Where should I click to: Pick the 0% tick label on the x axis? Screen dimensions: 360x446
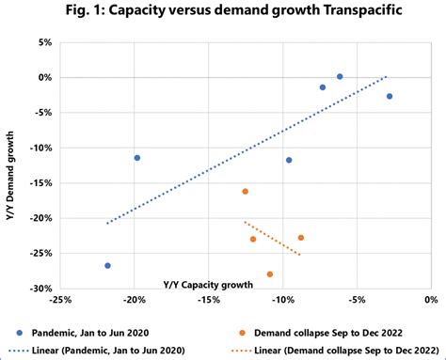tap(430, 301)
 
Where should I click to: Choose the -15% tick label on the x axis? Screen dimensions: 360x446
tap(208, 301)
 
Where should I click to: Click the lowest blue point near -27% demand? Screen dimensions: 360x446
tap(107, 266)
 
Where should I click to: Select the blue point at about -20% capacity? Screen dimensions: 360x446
tap(137, 158)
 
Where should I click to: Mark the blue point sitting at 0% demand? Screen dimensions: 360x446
tap(340, 76)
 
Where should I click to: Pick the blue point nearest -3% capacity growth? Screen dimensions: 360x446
tap(390, 96)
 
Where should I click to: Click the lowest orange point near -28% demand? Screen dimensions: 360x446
tap(270, 274)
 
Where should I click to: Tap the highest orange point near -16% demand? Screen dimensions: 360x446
tap(246, 192)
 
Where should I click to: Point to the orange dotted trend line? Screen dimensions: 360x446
tap(273, 238)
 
